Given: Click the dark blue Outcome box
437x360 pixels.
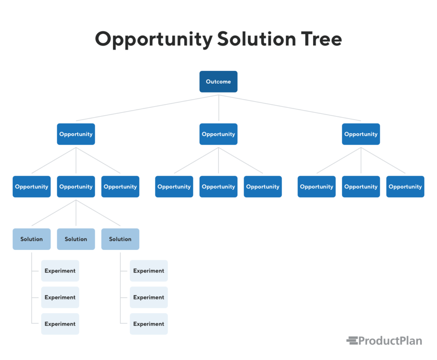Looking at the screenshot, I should coord(218,81).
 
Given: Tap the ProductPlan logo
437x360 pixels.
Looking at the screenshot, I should coord(384,340).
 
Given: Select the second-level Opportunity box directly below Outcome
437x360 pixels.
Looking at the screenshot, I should coord(218,134).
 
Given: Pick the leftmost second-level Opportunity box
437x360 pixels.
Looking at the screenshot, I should coord(76,134).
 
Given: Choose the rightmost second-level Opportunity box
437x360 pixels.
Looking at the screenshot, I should coord(361,134).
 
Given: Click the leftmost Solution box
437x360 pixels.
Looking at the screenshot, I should coord(32,239).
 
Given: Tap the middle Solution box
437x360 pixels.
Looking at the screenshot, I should coord(76,239).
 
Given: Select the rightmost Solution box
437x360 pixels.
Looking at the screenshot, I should coord(120,239).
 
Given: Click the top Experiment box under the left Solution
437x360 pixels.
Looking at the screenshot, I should coord(60,270).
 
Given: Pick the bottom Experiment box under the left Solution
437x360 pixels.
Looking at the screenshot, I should coord(60,324).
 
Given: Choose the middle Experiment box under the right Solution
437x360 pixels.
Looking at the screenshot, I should coord(149,297).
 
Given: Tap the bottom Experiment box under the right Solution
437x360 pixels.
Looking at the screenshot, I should coord(149,324).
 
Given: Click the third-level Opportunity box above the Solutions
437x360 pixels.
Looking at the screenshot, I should coord(76,186).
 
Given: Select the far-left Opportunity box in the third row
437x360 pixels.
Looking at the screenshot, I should coord(32,186).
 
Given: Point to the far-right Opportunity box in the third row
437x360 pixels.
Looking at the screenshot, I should coord(405,186).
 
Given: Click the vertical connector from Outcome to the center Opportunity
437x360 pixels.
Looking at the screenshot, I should coord(218,109).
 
